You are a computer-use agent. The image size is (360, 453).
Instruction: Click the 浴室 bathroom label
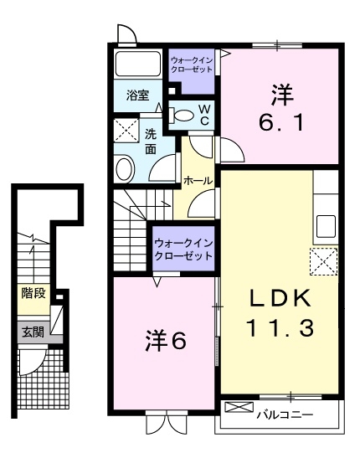138,95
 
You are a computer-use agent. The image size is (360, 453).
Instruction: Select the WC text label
203,115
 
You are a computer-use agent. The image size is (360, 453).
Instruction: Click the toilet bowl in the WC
179,116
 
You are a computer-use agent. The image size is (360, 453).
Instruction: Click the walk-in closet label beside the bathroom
191,64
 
